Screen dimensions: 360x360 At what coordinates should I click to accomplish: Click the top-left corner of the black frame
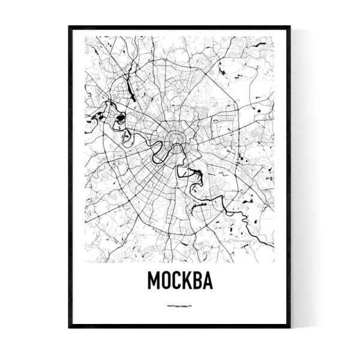tap(69, 26)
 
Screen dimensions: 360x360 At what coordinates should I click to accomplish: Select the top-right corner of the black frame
tap(290, 26)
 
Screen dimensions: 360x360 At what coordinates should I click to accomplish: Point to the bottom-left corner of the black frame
tap(69, 328)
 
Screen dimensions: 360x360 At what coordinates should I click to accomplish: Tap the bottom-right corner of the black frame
tap(290, 328)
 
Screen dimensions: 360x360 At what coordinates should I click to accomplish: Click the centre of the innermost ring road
tap(175, 140)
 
